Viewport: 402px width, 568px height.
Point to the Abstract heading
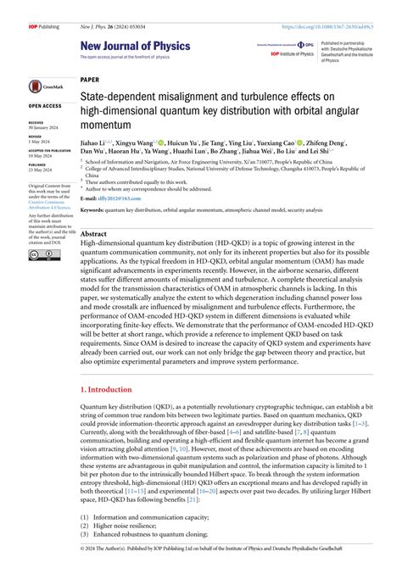pyautogui.click(x=93, y=233)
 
